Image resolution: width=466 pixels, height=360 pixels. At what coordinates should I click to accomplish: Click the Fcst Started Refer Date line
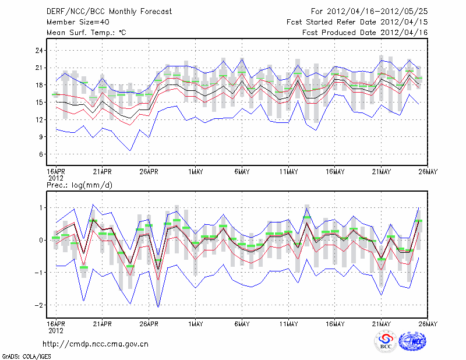point(357,22)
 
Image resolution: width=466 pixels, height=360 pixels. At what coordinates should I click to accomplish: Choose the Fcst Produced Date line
point(365,33)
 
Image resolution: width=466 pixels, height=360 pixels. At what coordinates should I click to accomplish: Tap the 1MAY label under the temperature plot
point(195,172)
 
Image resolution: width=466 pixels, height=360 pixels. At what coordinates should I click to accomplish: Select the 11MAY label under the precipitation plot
point(288,323)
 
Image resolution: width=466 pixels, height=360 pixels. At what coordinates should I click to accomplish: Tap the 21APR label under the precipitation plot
point(102,323)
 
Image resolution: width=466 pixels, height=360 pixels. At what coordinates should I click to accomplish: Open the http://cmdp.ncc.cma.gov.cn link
point(96,344)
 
